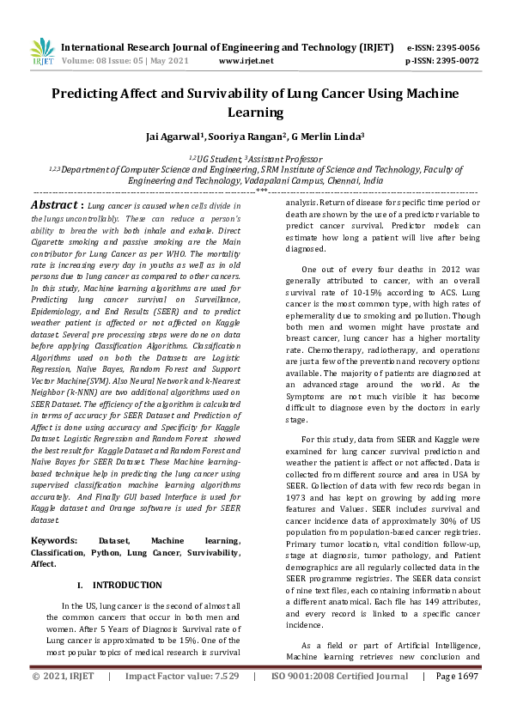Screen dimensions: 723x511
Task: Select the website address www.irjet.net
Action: point(246,61)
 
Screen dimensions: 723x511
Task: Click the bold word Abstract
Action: point(55,206)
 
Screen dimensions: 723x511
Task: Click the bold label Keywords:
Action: point(56,540)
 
